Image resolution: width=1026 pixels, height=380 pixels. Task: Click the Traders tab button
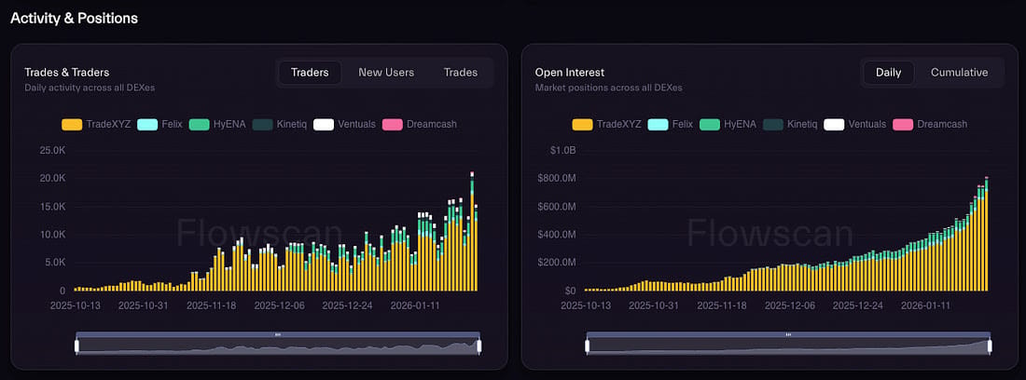click(310, 73)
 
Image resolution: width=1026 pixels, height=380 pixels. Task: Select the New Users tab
click(386, 73)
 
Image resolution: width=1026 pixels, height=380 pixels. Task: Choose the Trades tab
click(461, 73)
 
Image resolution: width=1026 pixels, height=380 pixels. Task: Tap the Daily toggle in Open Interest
click(888, 73)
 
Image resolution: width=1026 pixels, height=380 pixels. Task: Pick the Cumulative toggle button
click(959, 73)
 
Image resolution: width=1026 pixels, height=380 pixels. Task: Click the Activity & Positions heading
click(74, 18)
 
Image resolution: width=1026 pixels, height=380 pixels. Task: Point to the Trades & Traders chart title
click(68, 72)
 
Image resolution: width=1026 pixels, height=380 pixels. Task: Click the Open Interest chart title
click(569, 72)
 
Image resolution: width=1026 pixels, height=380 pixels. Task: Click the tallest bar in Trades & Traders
click(472, 232)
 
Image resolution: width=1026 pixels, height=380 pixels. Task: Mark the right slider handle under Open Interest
click(989, 346)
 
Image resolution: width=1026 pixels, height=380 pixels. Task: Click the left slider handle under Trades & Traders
click(76, 346)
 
